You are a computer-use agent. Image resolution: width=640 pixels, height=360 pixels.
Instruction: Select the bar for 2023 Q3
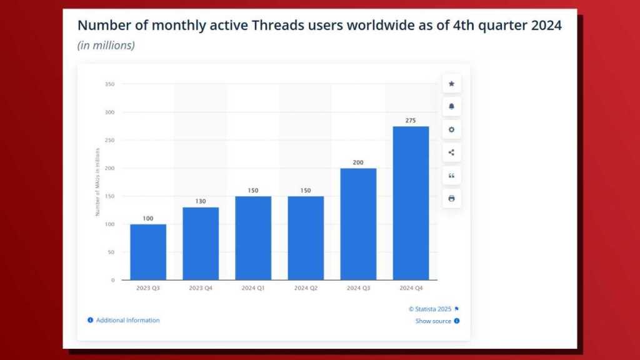(148, 252)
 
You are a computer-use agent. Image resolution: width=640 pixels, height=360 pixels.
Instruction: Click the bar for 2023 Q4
(201, 243)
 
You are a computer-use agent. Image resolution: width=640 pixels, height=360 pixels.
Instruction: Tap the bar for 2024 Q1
(253, 237)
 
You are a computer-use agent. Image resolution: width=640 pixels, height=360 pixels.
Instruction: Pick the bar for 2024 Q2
(306, 237)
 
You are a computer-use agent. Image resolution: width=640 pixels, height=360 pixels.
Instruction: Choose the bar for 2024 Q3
(358, 224)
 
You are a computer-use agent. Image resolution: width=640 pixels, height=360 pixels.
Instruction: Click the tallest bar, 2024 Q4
(411, 203)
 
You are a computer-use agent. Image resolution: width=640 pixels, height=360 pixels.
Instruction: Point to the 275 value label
(411, 121)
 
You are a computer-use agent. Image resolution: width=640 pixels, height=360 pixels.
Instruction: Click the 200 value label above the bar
(358, 162)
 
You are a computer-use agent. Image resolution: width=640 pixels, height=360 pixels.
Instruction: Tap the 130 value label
(201, 201)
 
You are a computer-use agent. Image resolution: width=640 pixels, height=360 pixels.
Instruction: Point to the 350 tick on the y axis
(109, 84)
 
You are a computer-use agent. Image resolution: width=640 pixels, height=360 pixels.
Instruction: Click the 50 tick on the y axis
(111, 252)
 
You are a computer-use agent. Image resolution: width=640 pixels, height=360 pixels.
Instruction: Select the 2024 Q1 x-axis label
(253, 288)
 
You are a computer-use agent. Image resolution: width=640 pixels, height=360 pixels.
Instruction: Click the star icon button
(451, 84)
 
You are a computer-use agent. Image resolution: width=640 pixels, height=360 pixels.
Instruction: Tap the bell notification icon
(451, 107)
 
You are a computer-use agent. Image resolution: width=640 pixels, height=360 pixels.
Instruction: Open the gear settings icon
(451, 130)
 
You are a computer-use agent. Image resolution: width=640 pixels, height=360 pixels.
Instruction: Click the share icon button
(451, 152)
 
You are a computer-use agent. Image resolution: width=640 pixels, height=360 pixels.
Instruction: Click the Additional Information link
(127, 320)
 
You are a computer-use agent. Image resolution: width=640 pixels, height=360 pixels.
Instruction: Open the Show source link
(433, 321)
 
